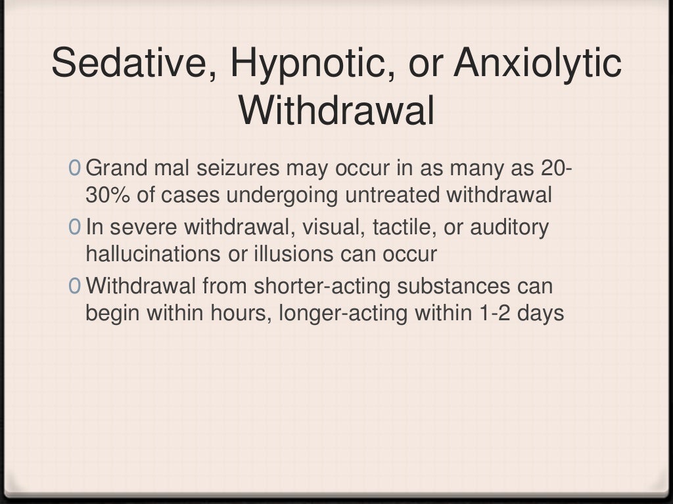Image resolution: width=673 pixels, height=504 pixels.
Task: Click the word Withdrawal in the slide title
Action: [336, 111]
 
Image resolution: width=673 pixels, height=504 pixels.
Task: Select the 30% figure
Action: [102, 195]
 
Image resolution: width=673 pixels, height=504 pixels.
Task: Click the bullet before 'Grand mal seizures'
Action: [76, 169]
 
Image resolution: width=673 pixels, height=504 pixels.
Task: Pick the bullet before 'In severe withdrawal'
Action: [76, 228]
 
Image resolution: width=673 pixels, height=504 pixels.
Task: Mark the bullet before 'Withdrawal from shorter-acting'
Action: [76, 287]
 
